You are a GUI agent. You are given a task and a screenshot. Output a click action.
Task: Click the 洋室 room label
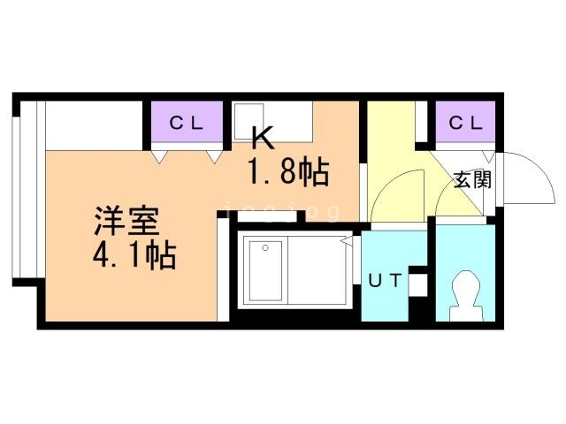126,221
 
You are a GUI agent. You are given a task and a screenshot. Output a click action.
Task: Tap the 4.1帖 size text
134,255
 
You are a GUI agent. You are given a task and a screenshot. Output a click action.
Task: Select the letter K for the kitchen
264,138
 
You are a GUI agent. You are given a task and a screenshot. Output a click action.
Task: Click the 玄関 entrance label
472,179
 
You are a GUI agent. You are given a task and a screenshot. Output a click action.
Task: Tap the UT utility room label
385,280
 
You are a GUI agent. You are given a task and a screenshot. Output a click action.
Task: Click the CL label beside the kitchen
187,124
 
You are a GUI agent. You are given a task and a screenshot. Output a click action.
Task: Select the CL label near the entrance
466,124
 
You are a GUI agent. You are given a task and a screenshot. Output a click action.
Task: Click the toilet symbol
467,295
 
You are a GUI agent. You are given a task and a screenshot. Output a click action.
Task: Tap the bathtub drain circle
265,247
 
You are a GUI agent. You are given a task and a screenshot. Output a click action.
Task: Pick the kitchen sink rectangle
249,122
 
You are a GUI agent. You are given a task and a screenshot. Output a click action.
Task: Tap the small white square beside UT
418,285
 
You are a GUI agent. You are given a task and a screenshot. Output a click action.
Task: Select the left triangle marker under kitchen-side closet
159,157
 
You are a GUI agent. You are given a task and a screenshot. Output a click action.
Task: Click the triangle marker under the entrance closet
489,156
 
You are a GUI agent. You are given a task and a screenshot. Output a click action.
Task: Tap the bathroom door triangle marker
348,241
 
